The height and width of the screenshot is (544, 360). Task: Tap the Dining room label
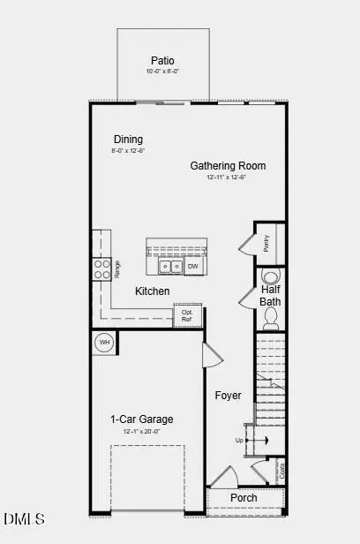tap(128, 140)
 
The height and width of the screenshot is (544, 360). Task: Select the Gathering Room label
tap(228, 165)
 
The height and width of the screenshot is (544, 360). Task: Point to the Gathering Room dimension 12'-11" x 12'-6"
tap(228, 178)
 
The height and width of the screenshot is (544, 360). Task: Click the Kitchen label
tap(152, 291)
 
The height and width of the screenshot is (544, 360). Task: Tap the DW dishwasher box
tap(193, 266)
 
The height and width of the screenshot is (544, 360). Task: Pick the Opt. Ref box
tap(187, 315)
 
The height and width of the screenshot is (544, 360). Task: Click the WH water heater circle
tap(103, 342)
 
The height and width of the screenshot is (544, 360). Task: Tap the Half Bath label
tap(270, 295)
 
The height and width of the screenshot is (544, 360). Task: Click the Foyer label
tap(228, 396)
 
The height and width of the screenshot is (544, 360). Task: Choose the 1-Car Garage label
tap(141, 419)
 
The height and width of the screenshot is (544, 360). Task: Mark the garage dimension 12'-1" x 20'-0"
tap(141, 432)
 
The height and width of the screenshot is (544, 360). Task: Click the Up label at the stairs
tap(239, 440)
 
